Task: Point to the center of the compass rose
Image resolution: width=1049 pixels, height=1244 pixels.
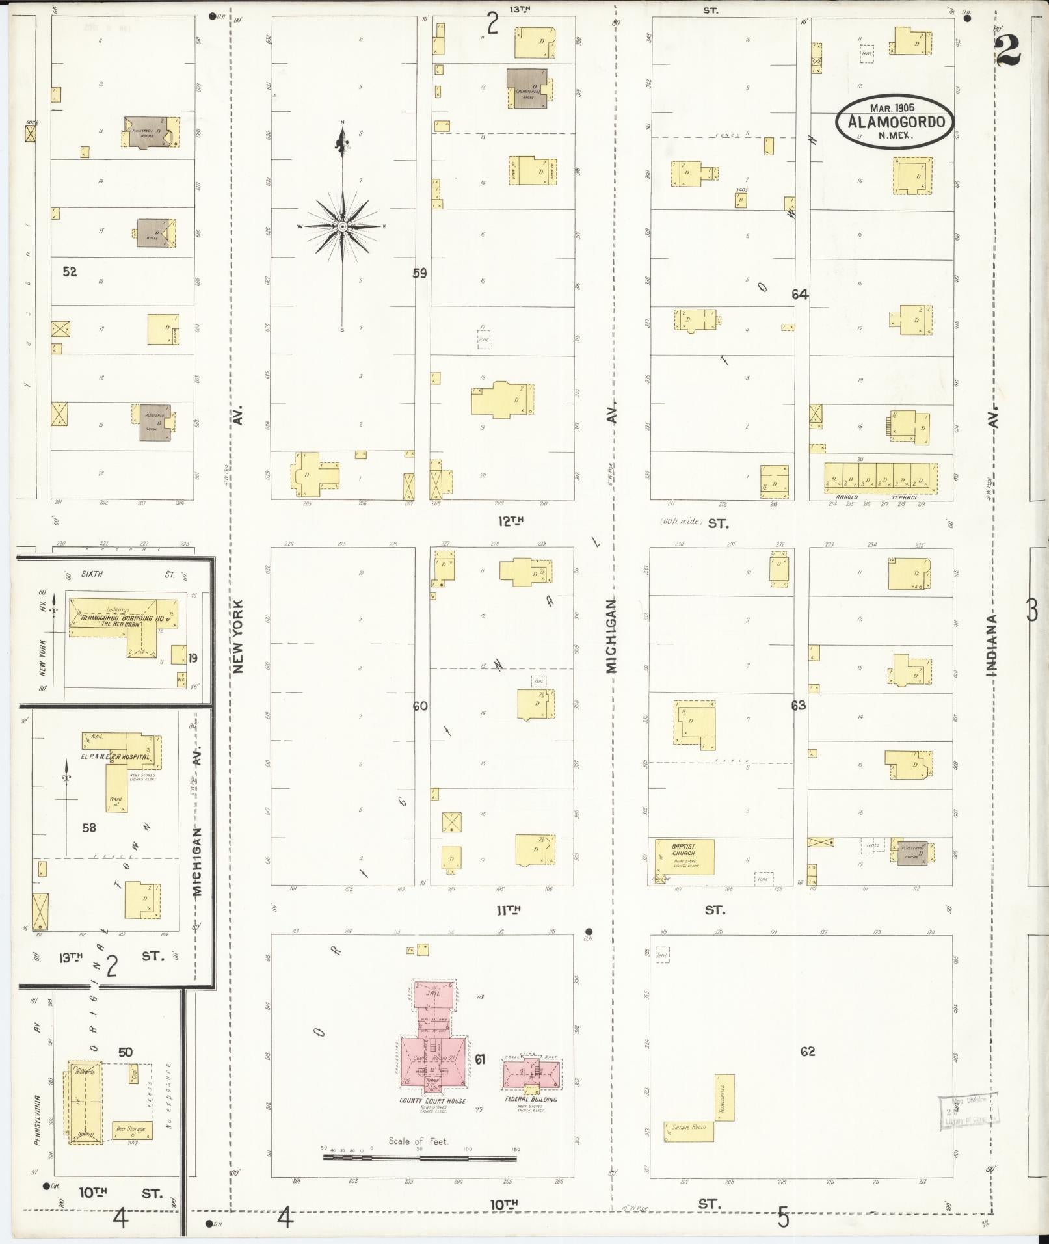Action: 342,226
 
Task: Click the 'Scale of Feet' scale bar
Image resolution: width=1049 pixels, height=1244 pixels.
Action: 419,1158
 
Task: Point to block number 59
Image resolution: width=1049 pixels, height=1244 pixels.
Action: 419,273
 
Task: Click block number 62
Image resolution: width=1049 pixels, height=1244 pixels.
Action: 807,1052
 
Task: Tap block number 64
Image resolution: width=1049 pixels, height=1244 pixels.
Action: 799,295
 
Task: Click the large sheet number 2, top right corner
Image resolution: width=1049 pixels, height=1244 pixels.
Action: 1008,49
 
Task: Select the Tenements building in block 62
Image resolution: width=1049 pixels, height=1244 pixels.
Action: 725,1097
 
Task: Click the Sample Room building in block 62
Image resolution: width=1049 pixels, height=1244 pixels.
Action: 688,1131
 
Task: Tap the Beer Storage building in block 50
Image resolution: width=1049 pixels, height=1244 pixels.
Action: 133,1130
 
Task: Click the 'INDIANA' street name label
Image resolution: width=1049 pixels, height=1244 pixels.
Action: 992,644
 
